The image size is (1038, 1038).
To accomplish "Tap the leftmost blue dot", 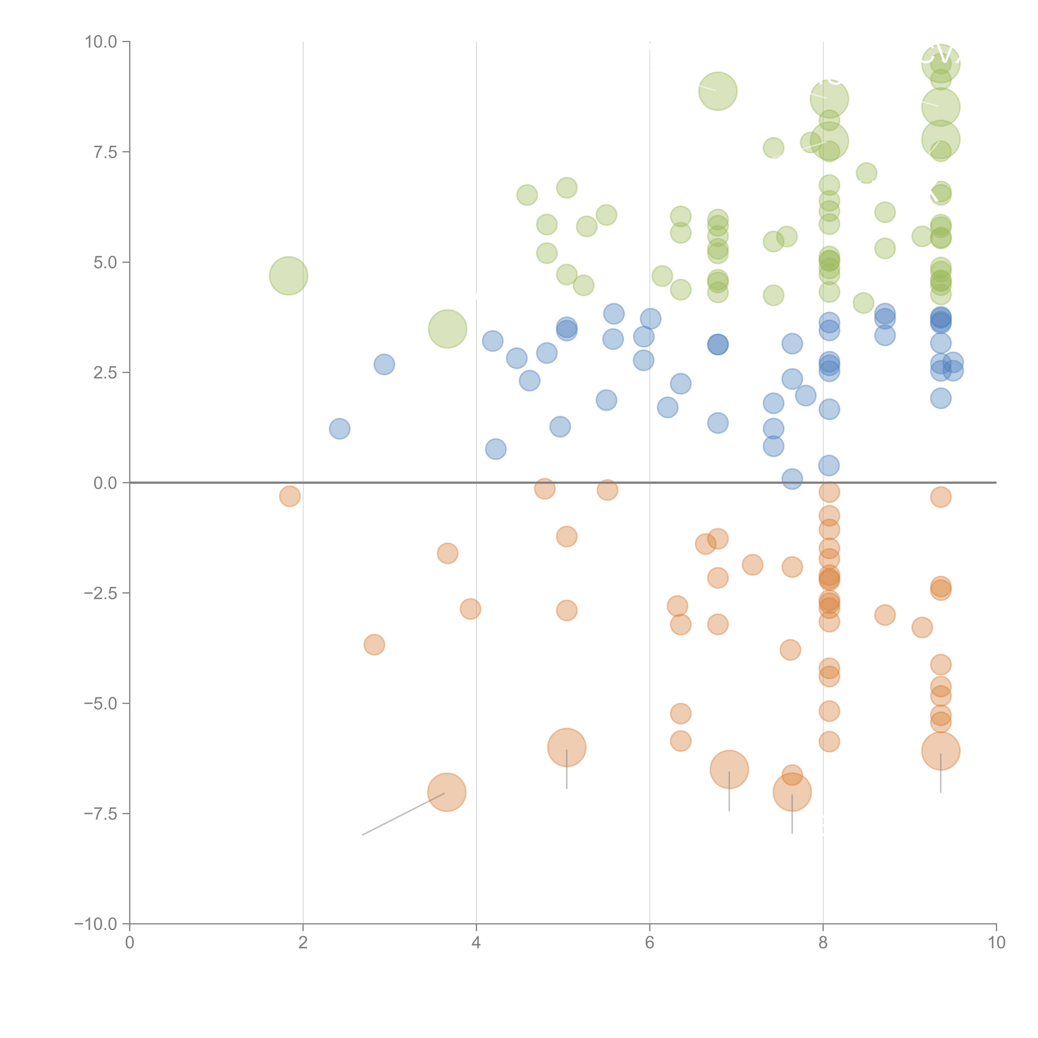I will pyautogui.click(x=340, y=429).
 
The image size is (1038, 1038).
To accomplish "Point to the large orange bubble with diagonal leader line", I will pyautogui.click(x=447, y=792).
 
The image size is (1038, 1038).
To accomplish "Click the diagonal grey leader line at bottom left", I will pyautogui.click(x=403, y=814).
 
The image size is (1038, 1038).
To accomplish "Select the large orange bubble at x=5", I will pyautogui.click(x=567, y=747).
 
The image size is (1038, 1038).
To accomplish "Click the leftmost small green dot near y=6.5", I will pyautogui.click(x=527, y=195).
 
